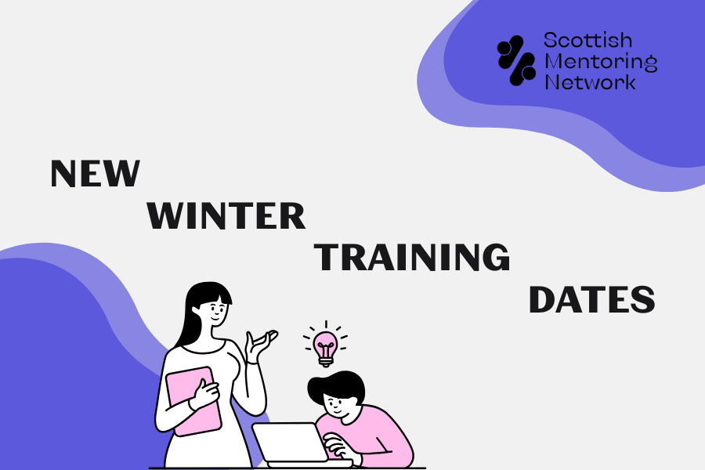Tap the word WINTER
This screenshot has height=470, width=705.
click(x=226, y=215)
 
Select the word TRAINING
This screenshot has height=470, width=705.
click(x=412, y=258)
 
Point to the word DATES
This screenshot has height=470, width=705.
click(x=591, y=300)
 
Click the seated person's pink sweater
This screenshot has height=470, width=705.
click(x=384, y=435)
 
